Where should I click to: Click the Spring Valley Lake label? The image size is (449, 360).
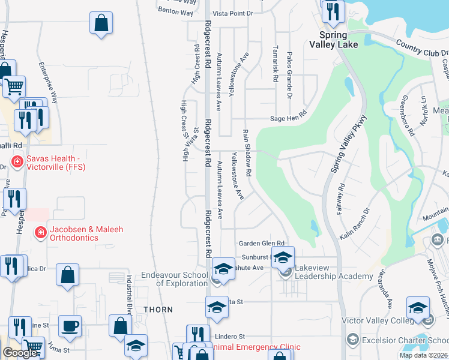334,40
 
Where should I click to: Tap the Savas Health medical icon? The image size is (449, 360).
17,162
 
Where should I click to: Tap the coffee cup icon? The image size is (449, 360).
70,326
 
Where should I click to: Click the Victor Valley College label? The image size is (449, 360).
378,321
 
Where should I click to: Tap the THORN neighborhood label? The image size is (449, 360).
158,310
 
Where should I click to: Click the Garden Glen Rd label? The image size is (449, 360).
261,243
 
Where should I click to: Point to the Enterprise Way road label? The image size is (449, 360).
49,82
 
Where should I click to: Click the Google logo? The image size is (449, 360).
20,353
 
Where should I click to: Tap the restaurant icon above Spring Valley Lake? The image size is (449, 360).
333,11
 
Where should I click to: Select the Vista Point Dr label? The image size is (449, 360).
234,13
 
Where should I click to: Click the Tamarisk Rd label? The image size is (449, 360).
276,64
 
